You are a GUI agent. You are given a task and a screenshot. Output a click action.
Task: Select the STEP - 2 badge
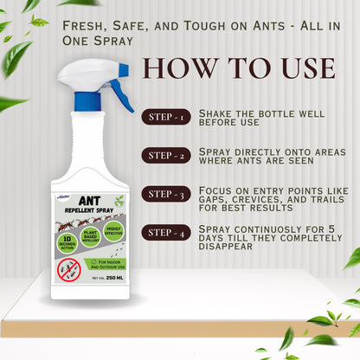point(168,155)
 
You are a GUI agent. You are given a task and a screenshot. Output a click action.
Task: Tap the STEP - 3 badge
point(168,194)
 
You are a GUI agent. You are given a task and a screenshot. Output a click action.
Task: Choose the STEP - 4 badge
point(168,232)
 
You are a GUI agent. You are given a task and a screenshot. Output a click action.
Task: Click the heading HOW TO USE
point(238,68)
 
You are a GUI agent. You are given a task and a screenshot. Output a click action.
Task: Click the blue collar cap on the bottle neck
point(87,101)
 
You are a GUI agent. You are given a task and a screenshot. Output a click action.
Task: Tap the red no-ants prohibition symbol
point(68,269)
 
